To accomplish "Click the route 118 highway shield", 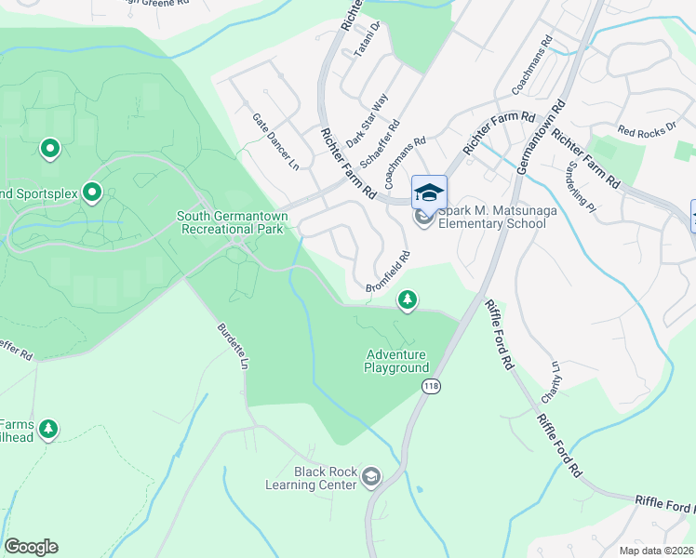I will [430, 387].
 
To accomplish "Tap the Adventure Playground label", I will [396, 361].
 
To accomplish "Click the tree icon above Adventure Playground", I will [407, 299].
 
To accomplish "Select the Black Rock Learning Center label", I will [326, 478].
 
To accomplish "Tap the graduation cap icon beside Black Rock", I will [371, 478].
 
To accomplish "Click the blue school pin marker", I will [429, 193].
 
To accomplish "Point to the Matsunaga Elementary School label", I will [491, 217].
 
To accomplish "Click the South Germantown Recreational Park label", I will [233, 222].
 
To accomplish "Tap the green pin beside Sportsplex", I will [92, 193].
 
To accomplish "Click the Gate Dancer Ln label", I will [276, 142].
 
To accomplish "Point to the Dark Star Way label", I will [368, 120].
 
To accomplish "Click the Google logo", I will [31, 547].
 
